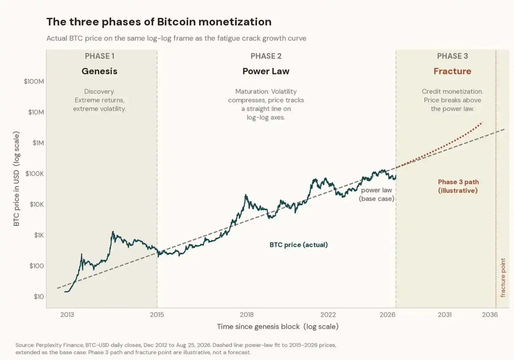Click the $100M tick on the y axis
click(34, 82)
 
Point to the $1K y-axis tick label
click(39, 235)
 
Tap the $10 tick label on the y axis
click(39, 297)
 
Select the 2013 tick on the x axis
click(67, 315)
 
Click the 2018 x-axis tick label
click(247, 315)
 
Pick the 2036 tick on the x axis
click(490, 315)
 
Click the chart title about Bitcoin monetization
click(159, 22)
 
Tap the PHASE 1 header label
click(100, 56)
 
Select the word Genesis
click(100, 71)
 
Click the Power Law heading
click(266, 71)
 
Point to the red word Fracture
click(452, 71)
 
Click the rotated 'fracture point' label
click(503, 278)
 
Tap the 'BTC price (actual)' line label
click(299, 245)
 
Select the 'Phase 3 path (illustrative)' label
click(458, 186)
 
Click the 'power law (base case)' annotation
click(377, 194)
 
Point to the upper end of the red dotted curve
click(482, 123)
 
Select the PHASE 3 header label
click(452, 56)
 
